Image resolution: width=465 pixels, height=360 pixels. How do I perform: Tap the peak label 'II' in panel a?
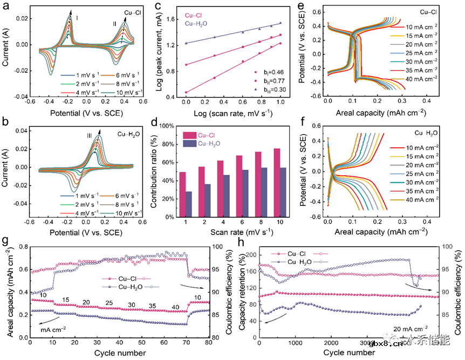[114, 24]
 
